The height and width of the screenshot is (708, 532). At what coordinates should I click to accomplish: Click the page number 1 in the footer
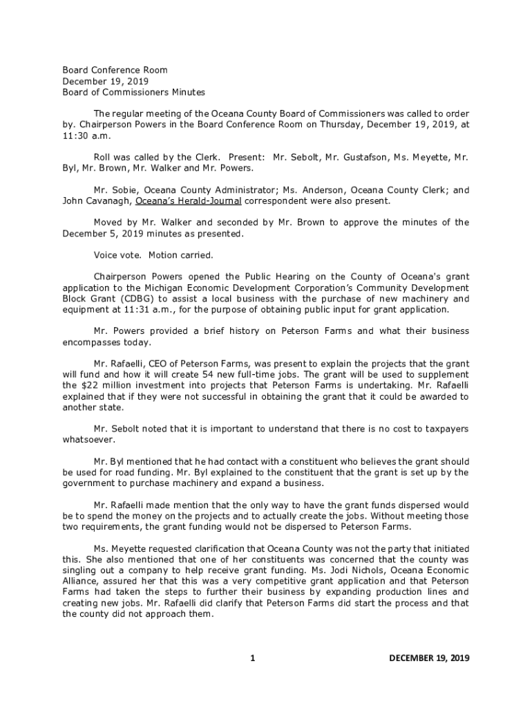253,658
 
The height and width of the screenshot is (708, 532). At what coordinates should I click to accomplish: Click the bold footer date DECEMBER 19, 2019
429,658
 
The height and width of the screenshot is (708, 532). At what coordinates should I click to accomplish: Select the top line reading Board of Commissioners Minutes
134,92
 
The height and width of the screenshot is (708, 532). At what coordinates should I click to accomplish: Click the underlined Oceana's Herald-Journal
188,201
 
